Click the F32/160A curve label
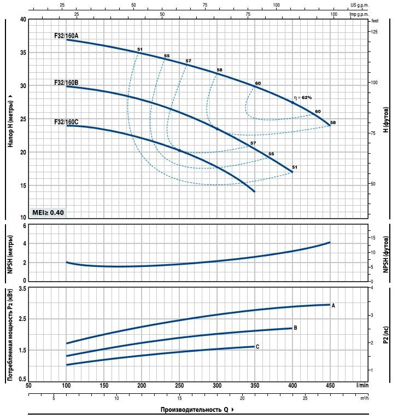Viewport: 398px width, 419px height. pos(66,36)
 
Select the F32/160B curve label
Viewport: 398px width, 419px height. pos(66,82)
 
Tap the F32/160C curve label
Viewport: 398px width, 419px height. pos(66,121)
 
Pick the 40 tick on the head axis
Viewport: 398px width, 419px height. pos(23,19)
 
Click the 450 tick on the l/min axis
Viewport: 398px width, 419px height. pos(330,386)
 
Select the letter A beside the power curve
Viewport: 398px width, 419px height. pos(333,305)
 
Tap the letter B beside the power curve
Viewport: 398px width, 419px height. pos(295,328)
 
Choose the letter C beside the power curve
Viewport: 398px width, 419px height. pos(257,347)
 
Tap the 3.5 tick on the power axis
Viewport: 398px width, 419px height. pos(22,288)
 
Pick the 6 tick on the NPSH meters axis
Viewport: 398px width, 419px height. pos(24,225)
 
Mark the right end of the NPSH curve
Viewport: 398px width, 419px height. pos(330,242)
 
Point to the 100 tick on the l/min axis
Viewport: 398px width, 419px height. pos(66,386)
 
